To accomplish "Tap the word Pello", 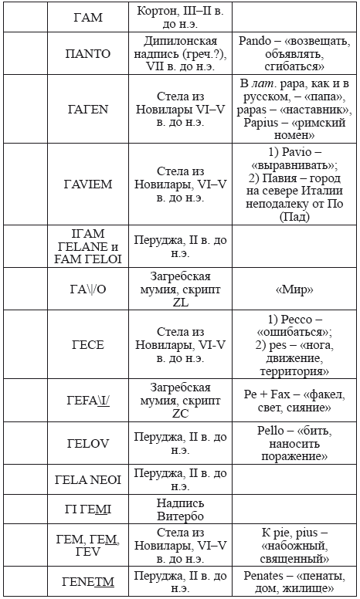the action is [x=271, y=430].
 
